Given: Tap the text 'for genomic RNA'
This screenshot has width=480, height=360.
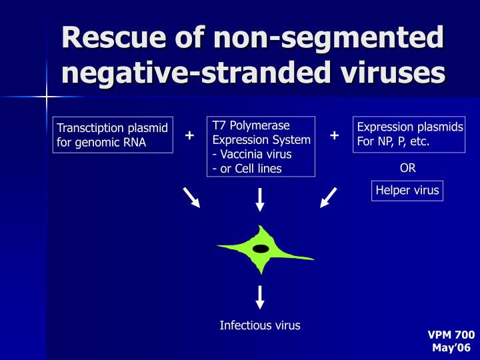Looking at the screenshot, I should (x=101, y=141).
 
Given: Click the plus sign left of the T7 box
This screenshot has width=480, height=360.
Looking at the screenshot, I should (x=189, y=136).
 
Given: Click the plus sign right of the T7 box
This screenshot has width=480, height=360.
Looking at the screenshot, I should (x=334, y=136).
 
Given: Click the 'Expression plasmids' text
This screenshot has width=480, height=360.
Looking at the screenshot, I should (x=410, y=127).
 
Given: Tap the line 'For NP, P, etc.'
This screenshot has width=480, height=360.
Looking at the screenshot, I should (x=393, y=141).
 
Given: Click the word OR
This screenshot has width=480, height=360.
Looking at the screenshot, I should (x=407, y=168).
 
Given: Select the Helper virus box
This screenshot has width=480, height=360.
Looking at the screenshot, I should (x=407, y=190).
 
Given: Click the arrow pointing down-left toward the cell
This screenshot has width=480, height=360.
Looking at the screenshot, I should (x=329, y=198).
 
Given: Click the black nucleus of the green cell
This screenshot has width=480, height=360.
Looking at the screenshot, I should (x=261, y=249).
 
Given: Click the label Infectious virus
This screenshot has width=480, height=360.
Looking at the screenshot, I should (x=260, y=325).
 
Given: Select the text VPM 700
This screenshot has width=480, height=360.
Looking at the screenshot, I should (x=451, y=335).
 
